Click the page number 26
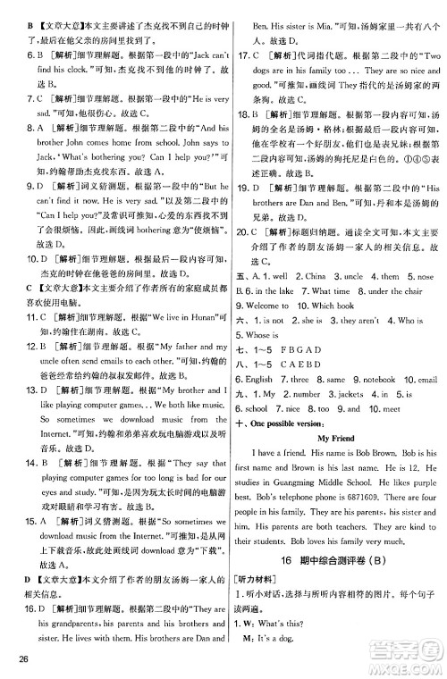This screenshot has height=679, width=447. (17, 661)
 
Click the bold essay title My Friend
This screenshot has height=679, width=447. (335, 439)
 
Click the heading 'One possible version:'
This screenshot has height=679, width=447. (291, 424)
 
